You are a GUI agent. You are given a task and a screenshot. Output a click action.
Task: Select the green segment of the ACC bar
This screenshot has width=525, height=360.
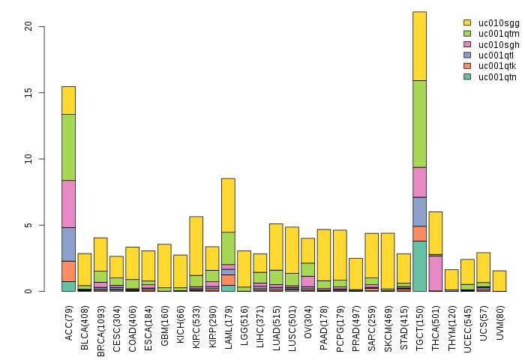pos(68,147)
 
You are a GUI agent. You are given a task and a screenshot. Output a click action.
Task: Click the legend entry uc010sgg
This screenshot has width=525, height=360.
pos(493,23)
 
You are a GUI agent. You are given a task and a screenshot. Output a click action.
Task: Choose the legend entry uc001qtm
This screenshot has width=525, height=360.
pos(493,34)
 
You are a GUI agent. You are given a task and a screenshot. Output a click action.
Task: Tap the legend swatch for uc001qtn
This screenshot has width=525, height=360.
pos(467,76)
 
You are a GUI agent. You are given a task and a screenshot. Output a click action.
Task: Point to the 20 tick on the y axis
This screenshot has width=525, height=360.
pos(42,26)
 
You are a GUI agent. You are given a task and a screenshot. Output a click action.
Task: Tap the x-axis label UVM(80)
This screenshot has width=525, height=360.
pos(499,319)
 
